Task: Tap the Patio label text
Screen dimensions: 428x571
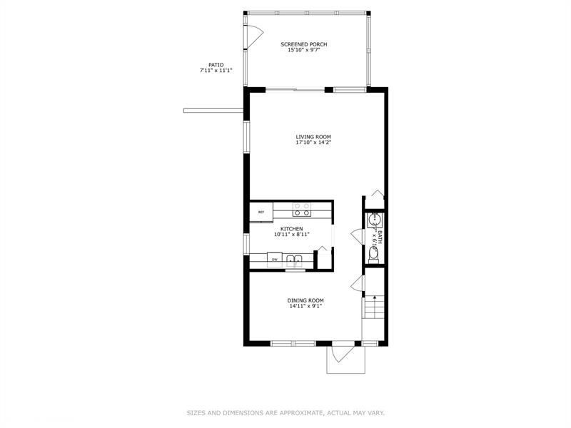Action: point(216,64)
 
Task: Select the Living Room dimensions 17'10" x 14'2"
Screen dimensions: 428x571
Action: point(313,143)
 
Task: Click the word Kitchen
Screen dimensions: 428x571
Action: point(291,228)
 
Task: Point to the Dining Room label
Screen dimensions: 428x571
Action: point(306,300)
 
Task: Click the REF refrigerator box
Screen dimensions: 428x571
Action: point(261,212)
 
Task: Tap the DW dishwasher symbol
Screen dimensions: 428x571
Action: point(273,260)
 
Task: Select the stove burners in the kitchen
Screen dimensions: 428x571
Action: point(302,209)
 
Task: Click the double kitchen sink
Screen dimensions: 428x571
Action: point(295,259)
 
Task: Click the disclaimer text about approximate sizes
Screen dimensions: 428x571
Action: point(285,412)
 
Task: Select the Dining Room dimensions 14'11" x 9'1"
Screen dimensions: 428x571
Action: point(306,307)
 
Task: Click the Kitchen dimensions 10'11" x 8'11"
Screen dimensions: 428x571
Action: point(291,235)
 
